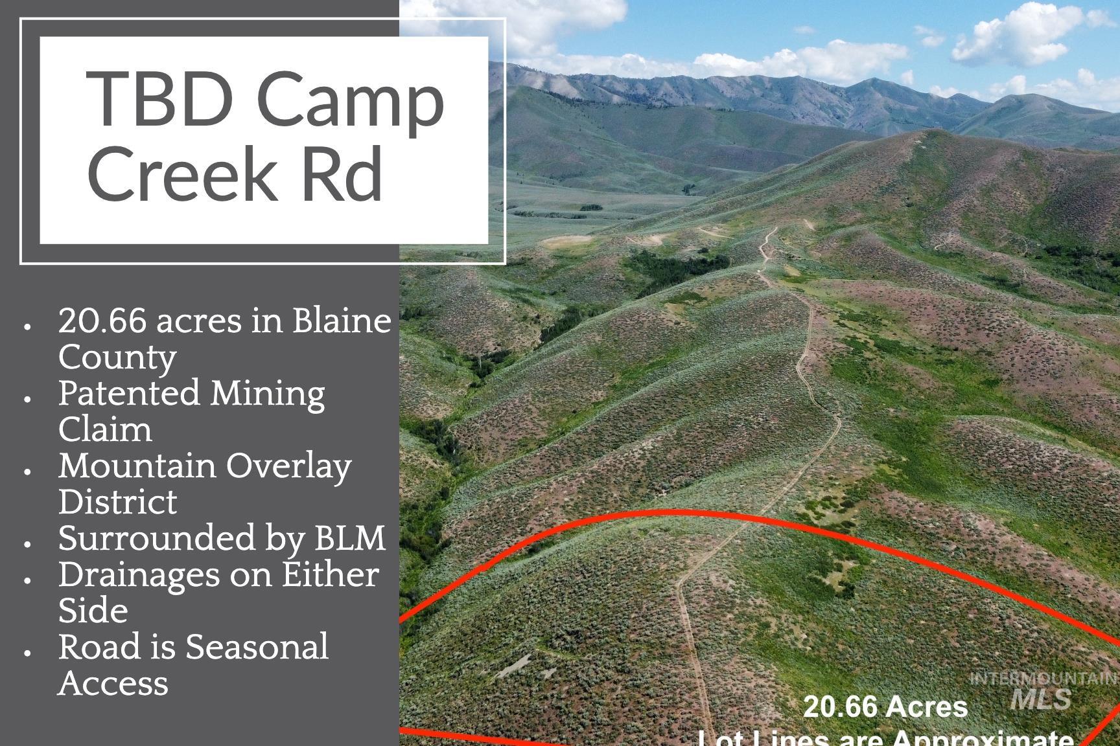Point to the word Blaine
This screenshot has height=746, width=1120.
click(342, 321)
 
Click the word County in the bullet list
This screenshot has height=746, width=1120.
click(117, 357)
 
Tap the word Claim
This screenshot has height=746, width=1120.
click(105, 429)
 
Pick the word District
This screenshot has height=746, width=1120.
click(117, 502)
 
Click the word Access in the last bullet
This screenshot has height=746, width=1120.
click(113, 683)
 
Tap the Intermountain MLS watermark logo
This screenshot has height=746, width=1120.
click(1042, 690)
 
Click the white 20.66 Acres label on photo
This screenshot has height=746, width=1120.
click(885, 706)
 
